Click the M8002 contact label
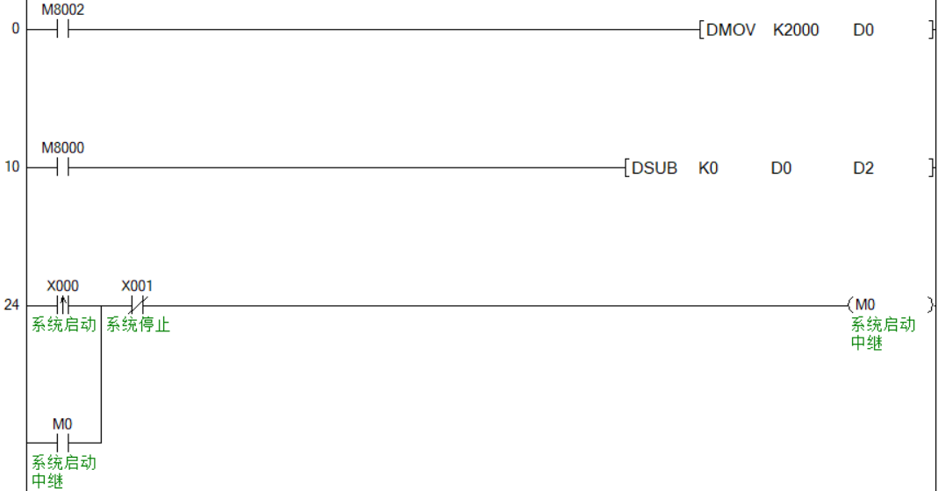[63, 11]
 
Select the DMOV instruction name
[730, 30]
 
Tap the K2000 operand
[796, 30]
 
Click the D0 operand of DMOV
[863, 30]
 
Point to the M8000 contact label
[63, 148]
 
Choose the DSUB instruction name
[655, 167]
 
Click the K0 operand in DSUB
[708, 167]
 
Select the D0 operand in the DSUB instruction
[781, 167]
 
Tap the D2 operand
[863, 167]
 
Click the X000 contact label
[62, 286]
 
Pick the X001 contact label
[137, 286]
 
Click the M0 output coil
[865, 305]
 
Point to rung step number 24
[11, 305]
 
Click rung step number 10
[11, 167]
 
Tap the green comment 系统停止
[138, 325]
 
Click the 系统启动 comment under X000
[63, 325]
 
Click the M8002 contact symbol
[62, 30]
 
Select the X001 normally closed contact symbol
[137, 305]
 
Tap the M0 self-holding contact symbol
[62, 442]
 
